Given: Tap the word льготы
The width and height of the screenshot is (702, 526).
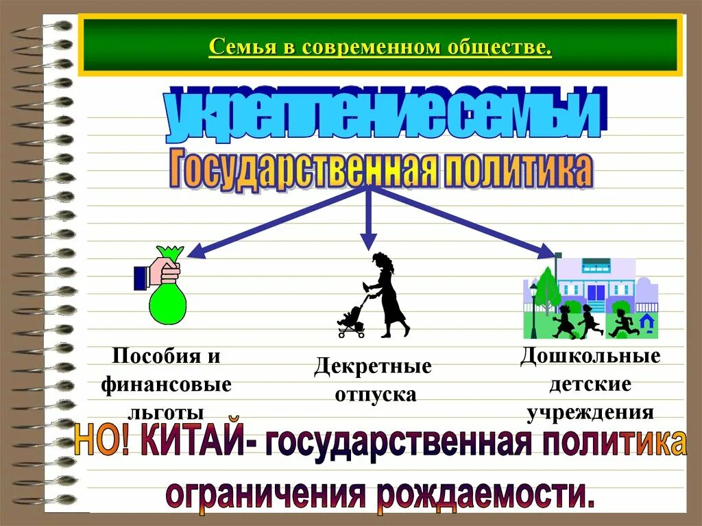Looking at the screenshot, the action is [167, 411].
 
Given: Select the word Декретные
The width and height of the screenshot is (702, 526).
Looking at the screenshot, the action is [373, 366].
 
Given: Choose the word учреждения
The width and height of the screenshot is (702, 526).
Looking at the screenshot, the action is [590, 411].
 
